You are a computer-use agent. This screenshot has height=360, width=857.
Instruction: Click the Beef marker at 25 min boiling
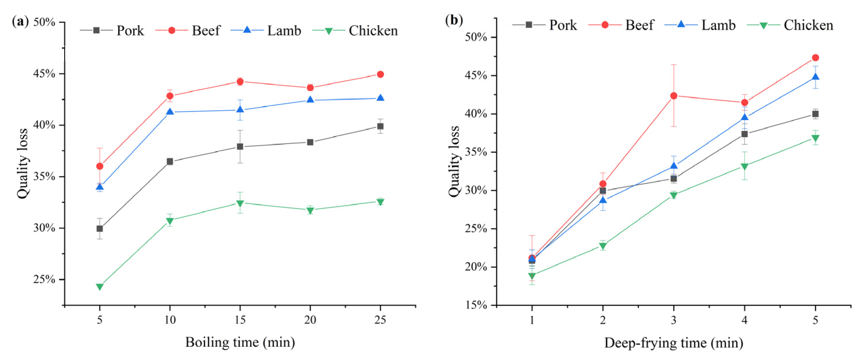(380, 74)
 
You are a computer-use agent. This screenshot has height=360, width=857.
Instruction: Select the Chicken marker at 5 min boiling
(100, 287)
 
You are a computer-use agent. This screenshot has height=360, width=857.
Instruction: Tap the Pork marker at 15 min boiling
(240, 147)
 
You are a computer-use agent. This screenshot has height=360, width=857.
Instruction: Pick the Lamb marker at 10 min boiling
(170, 112)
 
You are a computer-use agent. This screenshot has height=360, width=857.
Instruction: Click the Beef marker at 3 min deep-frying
(674, 96)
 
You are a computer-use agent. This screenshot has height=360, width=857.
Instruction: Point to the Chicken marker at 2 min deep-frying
(603, 246)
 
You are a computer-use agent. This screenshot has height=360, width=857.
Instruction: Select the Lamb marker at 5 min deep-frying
(815, 77)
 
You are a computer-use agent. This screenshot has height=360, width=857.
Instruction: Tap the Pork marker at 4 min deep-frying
(744, 134)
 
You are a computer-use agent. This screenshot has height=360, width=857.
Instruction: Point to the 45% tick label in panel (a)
(44, 74)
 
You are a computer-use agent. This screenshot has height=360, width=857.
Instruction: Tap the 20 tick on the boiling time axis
(310, 320)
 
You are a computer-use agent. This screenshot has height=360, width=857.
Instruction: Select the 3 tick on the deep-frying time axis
(674, 320)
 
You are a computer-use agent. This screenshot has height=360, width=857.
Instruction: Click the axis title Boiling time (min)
(240, 342)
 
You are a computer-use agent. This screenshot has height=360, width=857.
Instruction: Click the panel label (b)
(454, 21)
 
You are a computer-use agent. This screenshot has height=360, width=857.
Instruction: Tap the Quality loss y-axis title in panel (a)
(23, 164)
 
